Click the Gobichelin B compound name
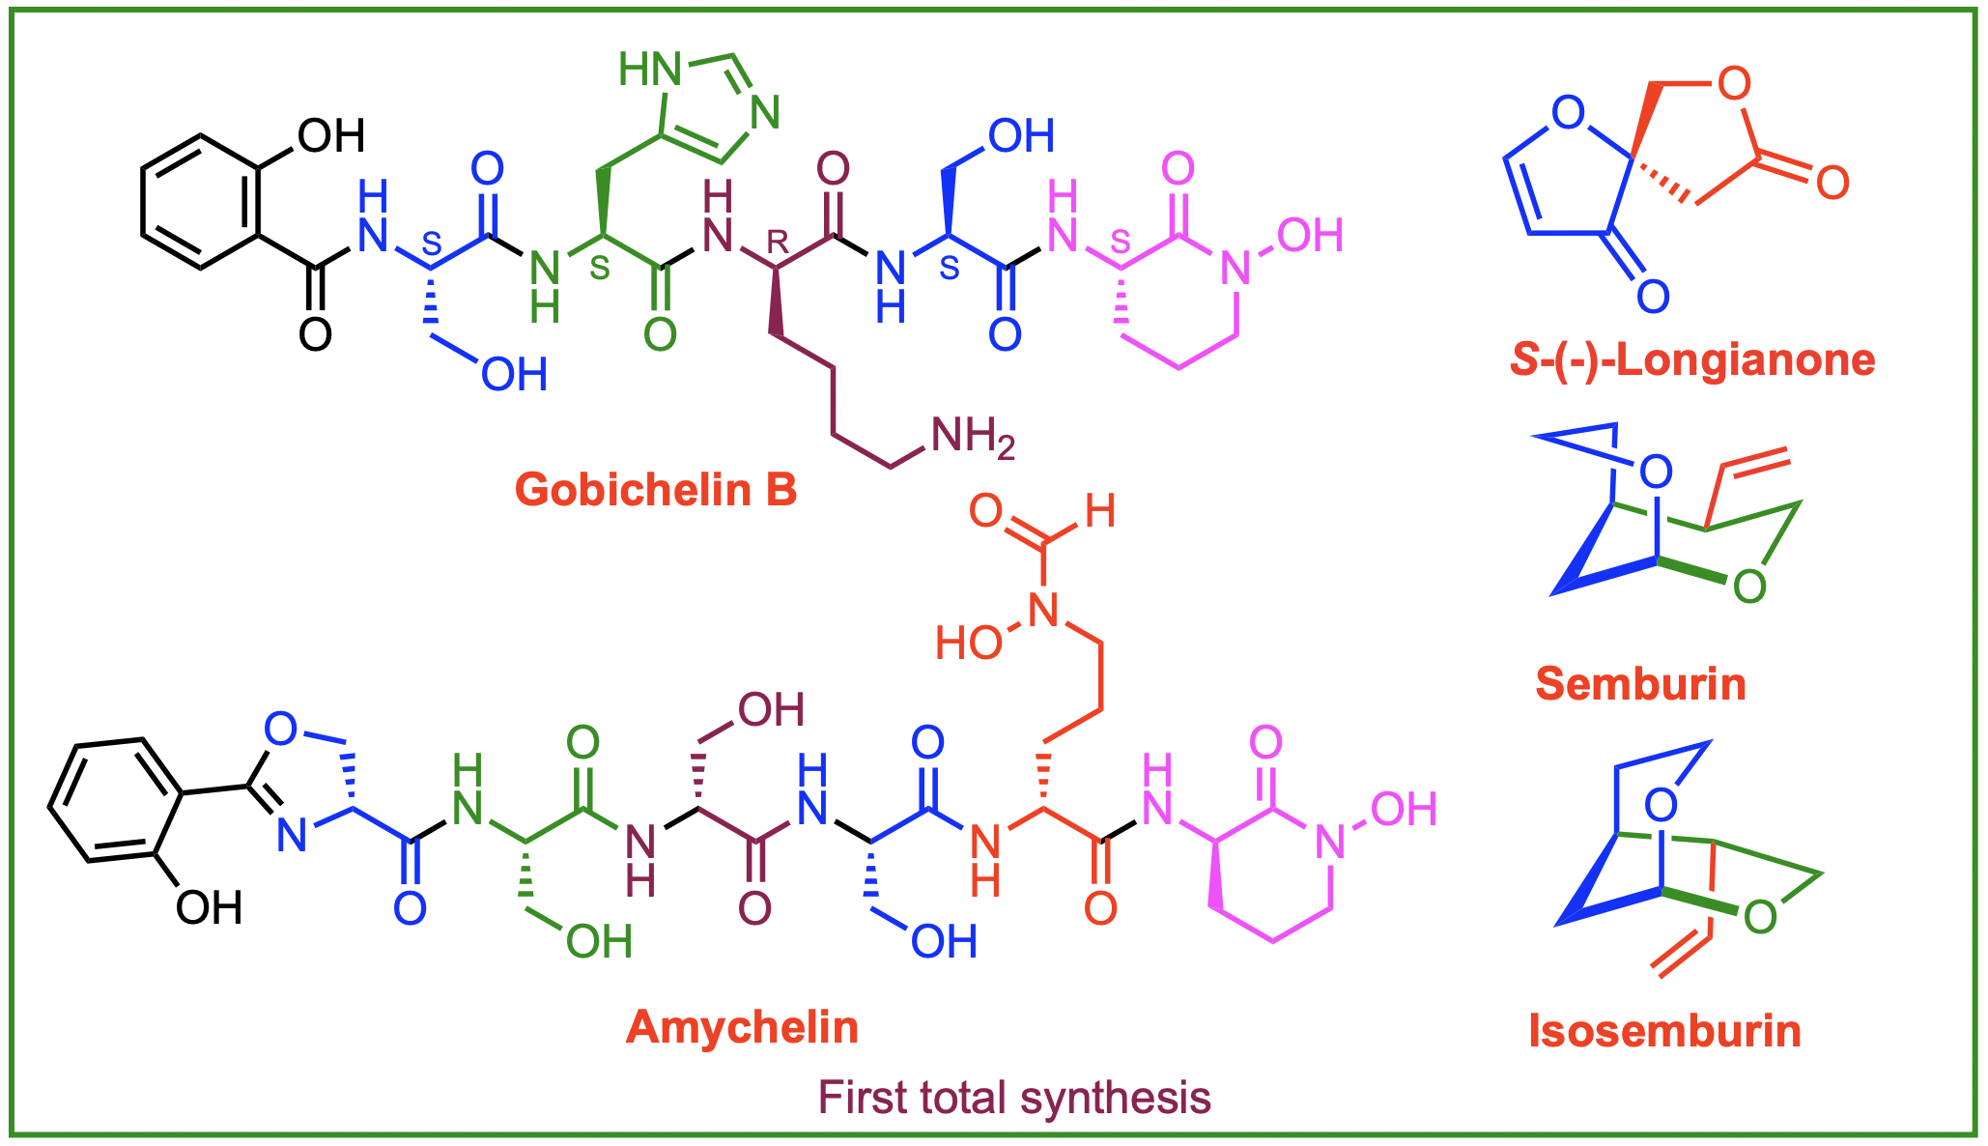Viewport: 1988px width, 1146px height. point(656,490)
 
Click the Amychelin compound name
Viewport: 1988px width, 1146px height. point(742,1026)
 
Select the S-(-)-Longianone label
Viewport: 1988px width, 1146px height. point(1692,359)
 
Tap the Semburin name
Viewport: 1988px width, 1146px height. point(1640,684)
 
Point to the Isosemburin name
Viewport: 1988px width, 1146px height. point(1664,1031)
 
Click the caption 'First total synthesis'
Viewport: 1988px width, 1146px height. point(1014,1098)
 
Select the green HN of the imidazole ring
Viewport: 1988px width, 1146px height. point(649,70)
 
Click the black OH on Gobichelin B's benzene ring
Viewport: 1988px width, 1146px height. point(330,135)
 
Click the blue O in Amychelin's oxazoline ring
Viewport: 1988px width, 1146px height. point(280,729)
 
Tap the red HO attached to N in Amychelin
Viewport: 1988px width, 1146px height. point(969,644)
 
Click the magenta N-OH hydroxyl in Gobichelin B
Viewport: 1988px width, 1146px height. point(1310,236)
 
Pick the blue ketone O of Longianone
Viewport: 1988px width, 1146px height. point(1653,296)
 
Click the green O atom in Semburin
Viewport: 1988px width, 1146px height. point(1749,587)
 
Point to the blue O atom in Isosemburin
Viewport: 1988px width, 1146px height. point(1661,804)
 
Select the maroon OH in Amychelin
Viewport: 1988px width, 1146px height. point(771,710)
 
